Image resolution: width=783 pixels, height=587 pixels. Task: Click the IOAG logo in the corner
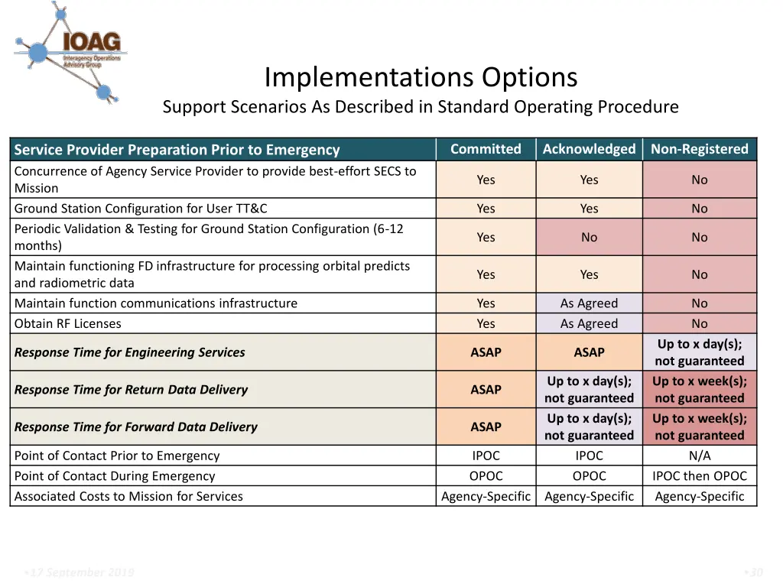[x=70, y=51]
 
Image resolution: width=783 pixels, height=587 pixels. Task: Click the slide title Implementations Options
[x=421, y=77]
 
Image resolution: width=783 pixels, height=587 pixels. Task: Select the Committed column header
[x=486, y=149]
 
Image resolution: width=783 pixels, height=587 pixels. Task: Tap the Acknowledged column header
[x=589, y=149]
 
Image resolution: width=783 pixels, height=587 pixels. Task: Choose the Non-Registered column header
[x=699, y=149]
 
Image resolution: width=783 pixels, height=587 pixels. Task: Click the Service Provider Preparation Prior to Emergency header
[x=177, y=150]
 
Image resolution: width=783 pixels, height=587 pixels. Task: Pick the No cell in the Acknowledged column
[x=589, y=237]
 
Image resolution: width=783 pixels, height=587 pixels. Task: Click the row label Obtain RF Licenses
[x=68, y=323]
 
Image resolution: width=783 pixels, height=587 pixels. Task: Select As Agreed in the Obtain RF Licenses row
[x=589, y=323]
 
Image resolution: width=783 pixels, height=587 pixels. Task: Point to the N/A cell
[x=699, y=456]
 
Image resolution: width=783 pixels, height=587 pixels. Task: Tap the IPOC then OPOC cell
[x=699, y=475]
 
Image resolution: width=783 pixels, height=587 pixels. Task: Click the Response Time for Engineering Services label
[x=130, y=352]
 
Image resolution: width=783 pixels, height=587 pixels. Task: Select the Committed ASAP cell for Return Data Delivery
[x=486, y=390]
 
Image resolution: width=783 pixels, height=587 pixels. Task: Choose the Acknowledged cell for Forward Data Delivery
[x=589, y=426]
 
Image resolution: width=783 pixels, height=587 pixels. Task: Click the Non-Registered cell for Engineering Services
[x=699, y=352]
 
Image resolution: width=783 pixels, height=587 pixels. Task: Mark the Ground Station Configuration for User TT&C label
[x=141, y=208]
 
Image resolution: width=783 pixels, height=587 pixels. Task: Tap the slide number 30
[x=755, y=572]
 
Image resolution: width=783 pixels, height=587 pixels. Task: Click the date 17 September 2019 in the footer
[x=80, y=572]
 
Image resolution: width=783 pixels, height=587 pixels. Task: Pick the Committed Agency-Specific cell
[x=486, y=496]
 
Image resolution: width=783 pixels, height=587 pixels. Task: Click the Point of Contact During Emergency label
[x=115, y=475]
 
